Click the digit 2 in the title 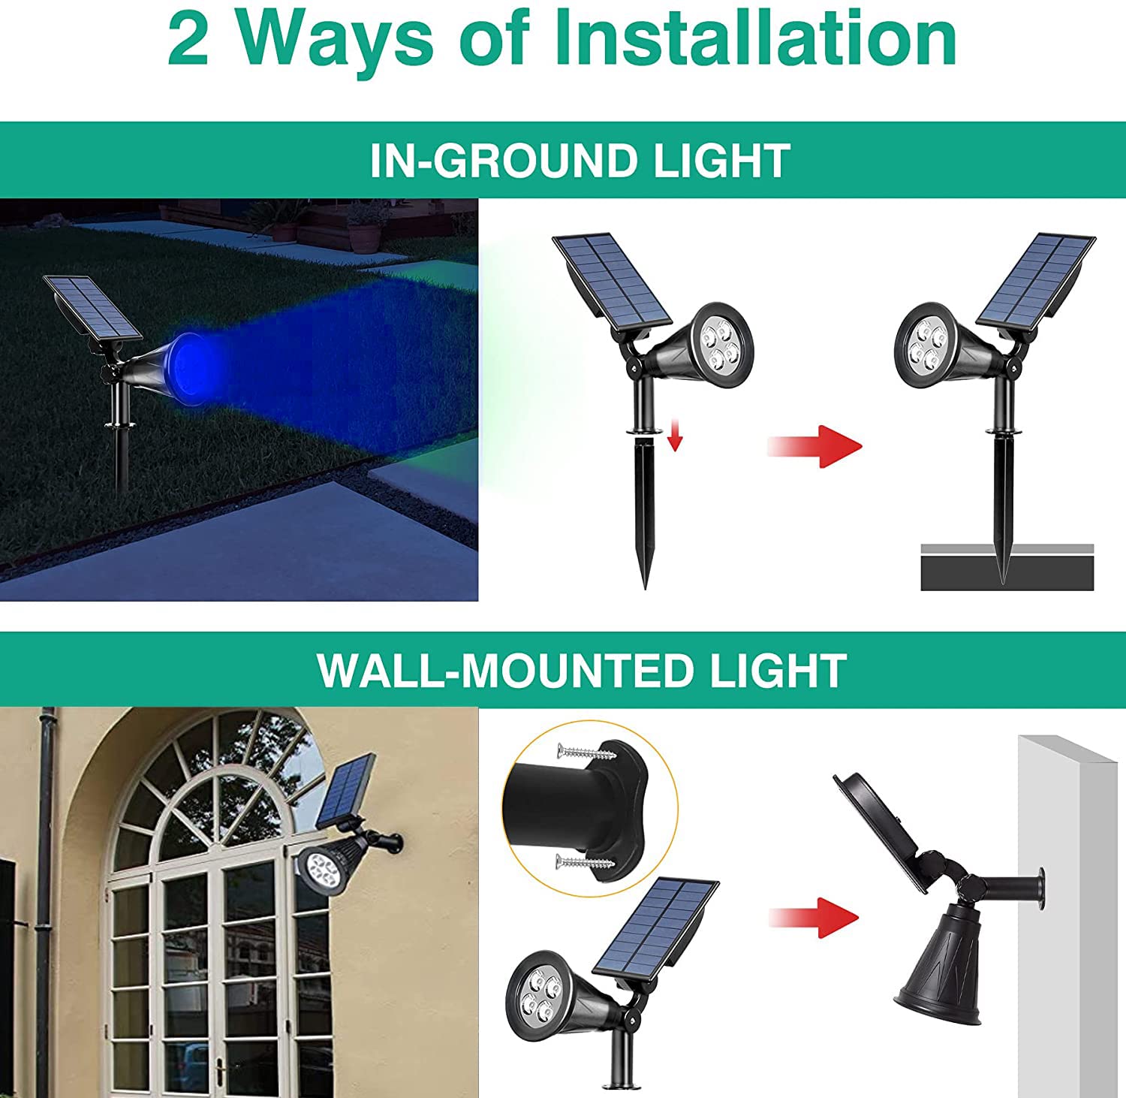(x=188, y=39)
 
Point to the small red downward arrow (x=675, y=436)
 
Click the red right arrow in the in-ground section (x=817, y=447)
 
